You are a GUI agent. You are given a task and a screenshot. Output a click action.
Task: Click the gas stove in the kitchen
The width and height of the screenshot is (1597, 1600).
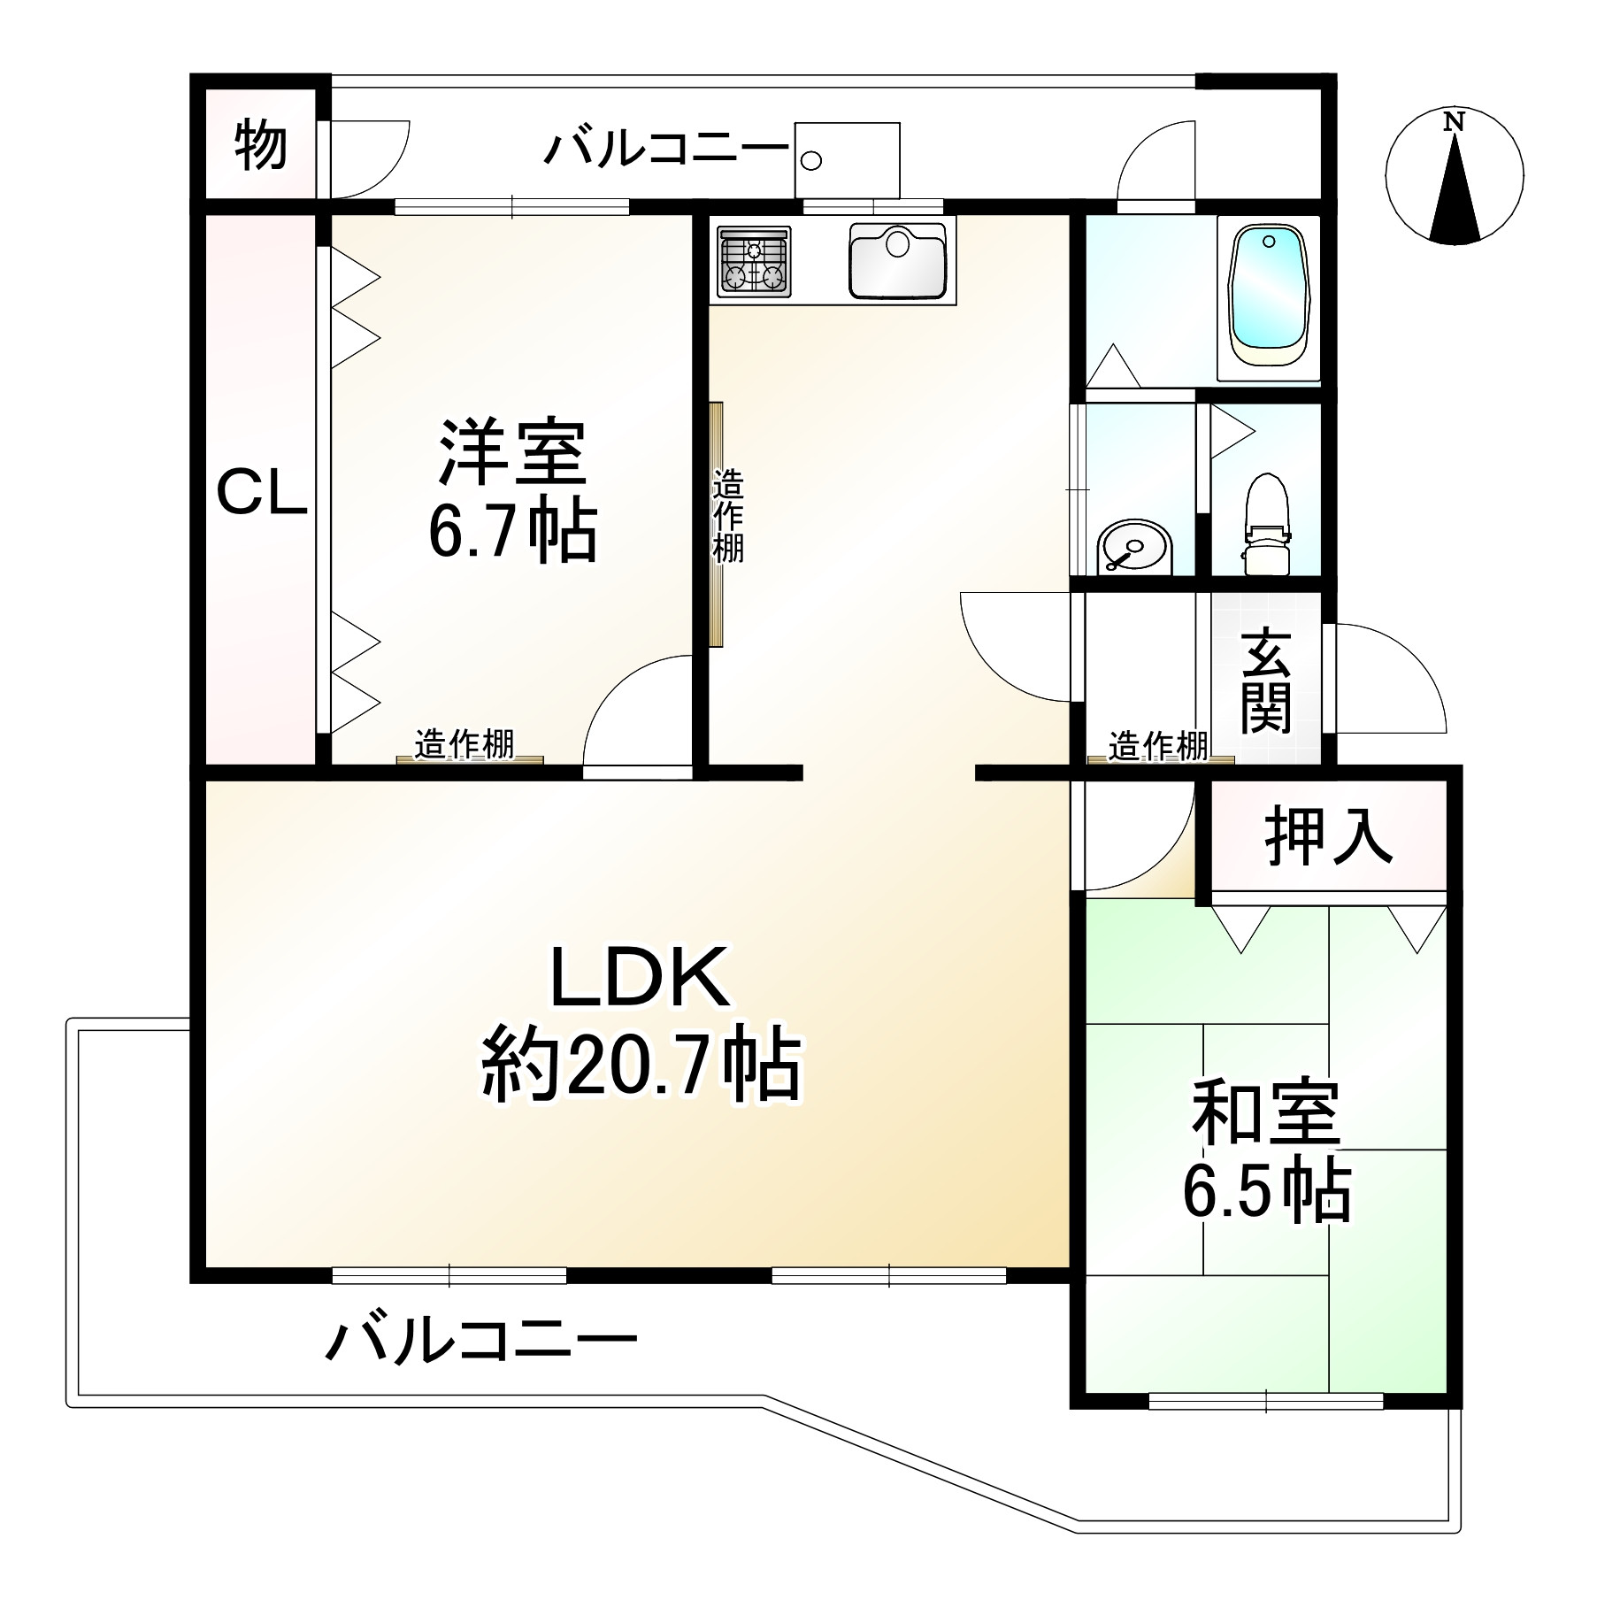pos(755,261)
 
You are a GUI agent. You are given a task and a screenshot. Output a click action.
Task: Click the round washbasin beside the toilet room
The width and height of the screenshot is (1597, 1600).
pos(1132,548)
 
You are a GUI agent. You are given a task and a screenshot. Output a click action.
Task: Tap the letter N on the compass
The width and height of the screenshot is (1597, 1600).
pos(1453,123)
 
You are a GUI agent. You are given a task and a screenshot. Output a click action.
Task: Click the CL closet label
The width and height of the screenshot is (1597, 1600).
pos(262,495)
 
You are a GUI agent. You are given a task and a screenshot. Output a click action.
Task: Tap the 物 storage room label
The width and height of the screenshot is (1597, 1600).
pos(260,146)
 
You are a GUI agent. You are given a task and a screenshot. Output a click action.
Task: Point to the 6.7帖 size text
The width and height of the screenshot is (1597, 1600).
pos(512,533)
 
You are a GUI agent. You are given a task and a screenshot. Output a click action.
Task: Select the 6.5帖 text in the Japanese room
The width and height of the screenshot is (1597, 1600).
pos(1266,1191)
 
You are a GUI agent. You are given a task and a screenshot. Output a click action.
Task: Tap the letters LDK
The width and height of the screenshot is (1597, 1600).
pos(640,977)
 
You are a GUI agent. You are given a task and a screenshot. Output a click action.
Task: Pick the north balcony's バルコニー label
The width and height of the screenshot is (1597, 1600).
pos(665,148)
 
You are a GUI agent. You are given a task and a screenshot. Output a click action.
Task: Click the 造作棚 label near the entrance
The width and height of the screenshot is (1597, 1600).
pos(1158,746)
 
